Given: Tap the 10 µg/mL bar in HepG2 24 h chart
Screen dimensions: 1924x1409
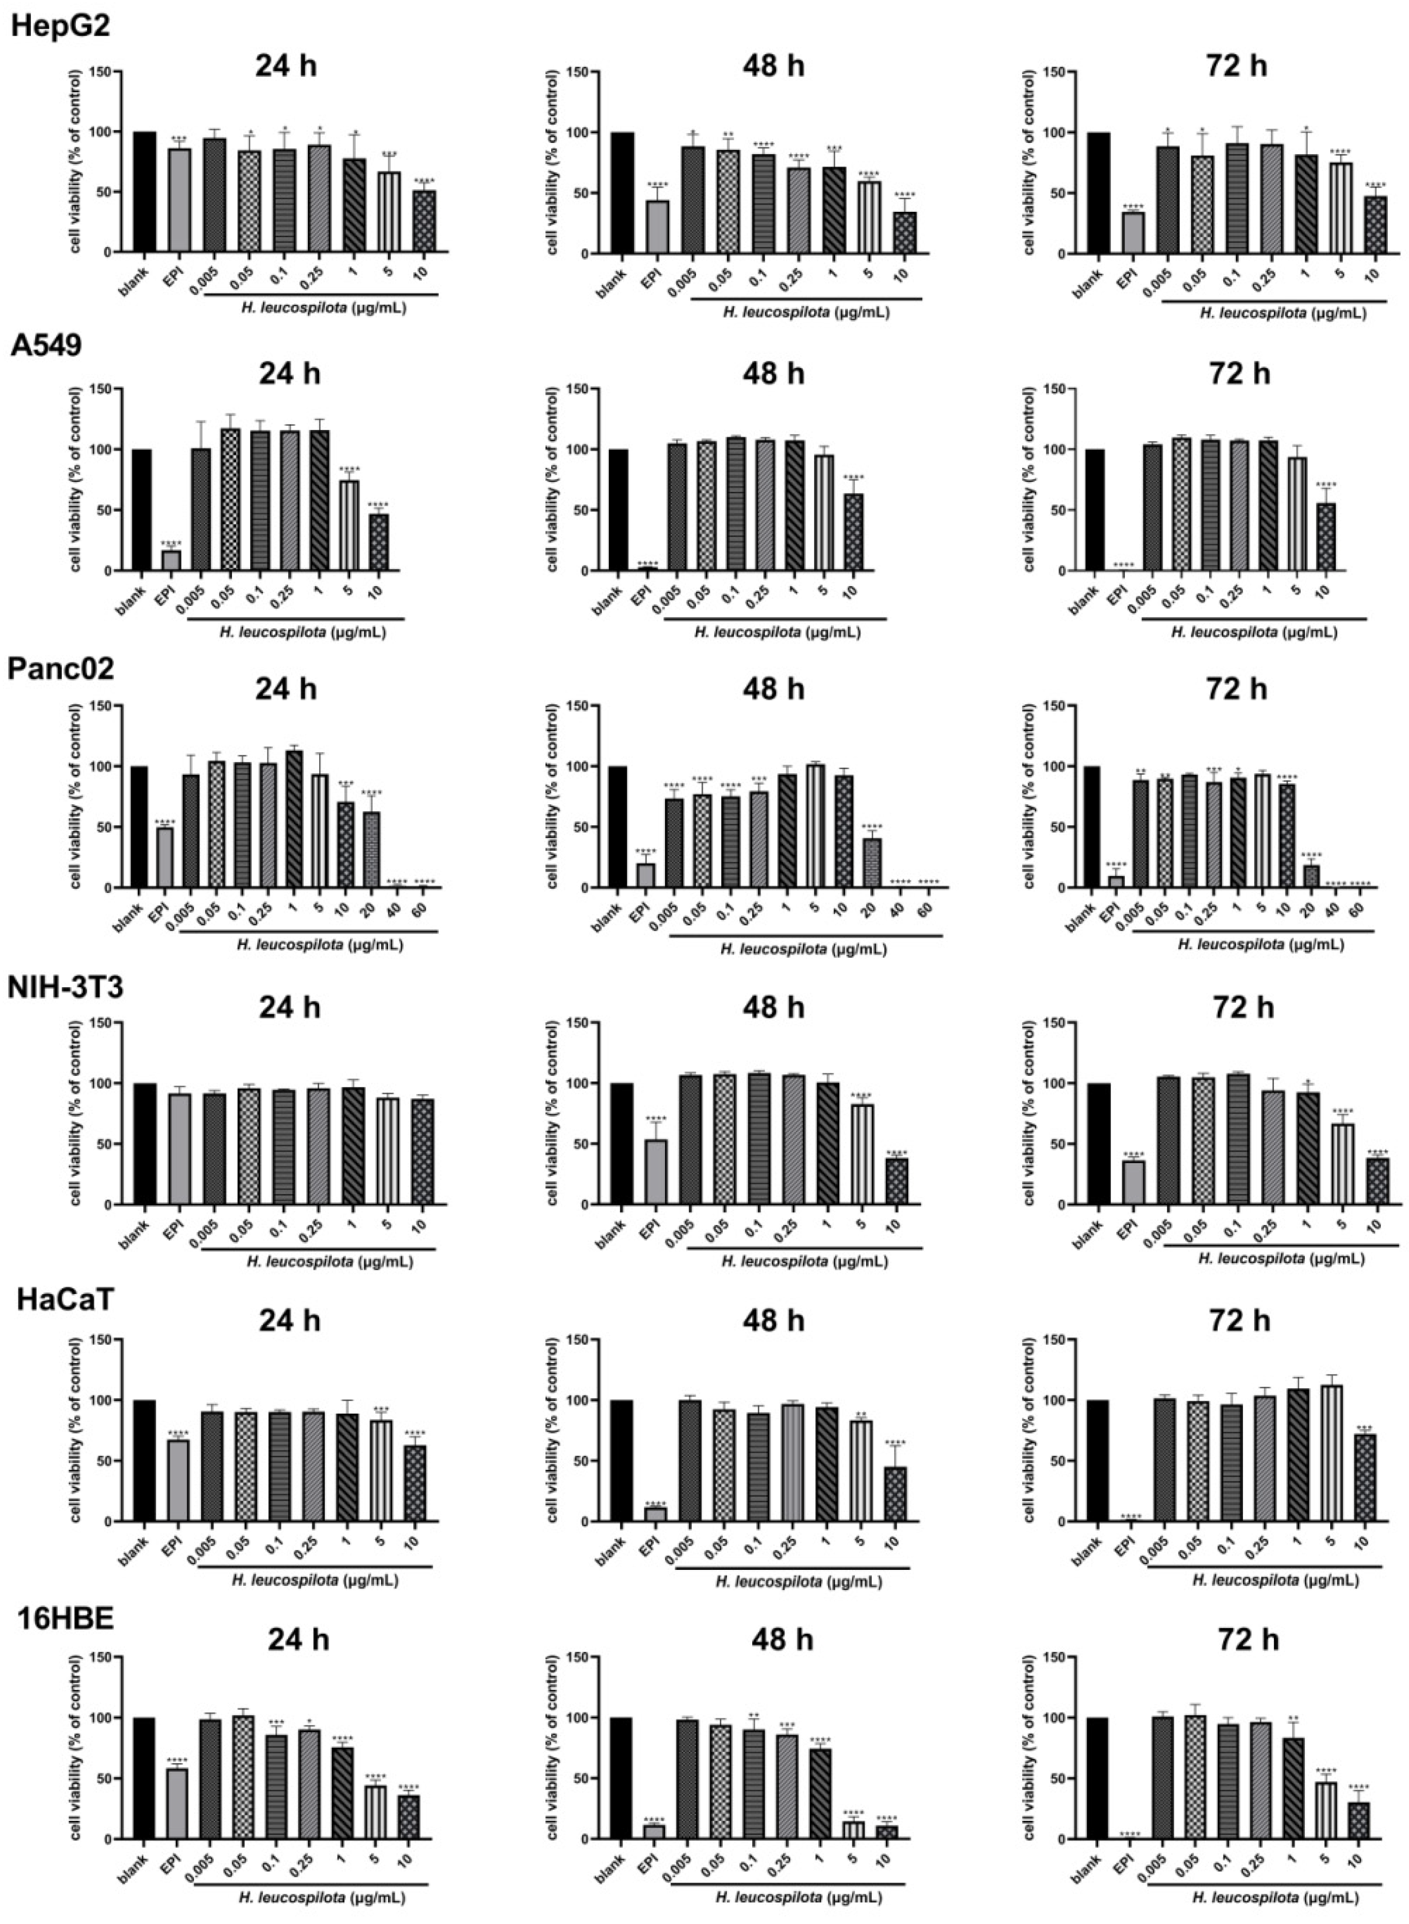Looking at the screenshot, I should pos(423,222).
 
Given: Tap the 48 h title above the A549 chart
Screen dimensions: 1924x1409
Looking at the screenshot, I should pos(773,374).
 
